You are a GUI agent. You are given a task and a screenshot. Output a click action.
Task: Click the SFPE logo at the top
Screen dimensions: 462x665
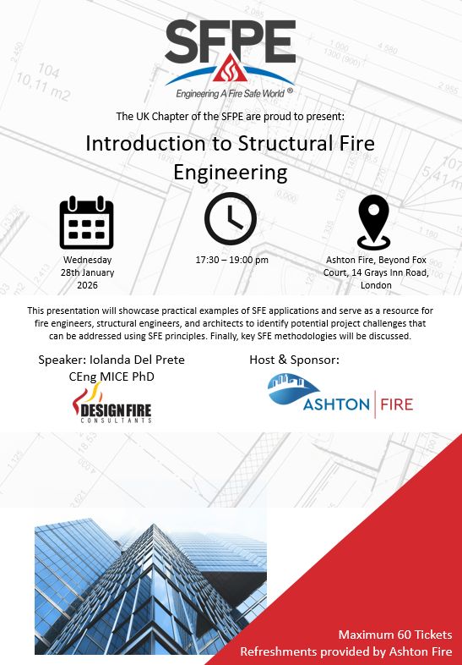pos(230,52)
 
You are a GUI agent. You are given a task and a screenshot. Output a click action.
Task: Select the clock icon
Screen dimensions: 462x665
pos(230,218)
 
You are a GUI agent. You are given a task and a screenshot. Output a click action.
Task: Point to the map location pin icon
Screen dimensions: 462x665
pos(372,222)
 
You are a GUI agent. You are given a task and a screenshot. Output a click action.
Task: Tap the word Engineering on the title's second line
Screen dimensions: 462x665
pos(230,172)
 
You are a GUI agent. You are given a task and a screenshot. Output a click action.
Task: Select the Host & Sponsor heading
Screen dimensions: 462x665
pos(294,360)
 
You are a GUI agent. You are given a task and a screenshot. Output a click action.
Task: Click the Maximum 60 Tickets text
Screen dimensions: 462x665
pos(394,635)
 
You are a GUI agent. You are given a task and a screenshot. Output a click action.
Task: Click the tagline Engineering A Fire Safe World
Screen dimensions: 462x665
pos(226,90)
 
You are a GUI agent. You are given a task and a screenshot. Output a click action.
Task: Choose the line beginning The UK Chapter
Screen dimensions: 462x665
pos(230,114)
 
